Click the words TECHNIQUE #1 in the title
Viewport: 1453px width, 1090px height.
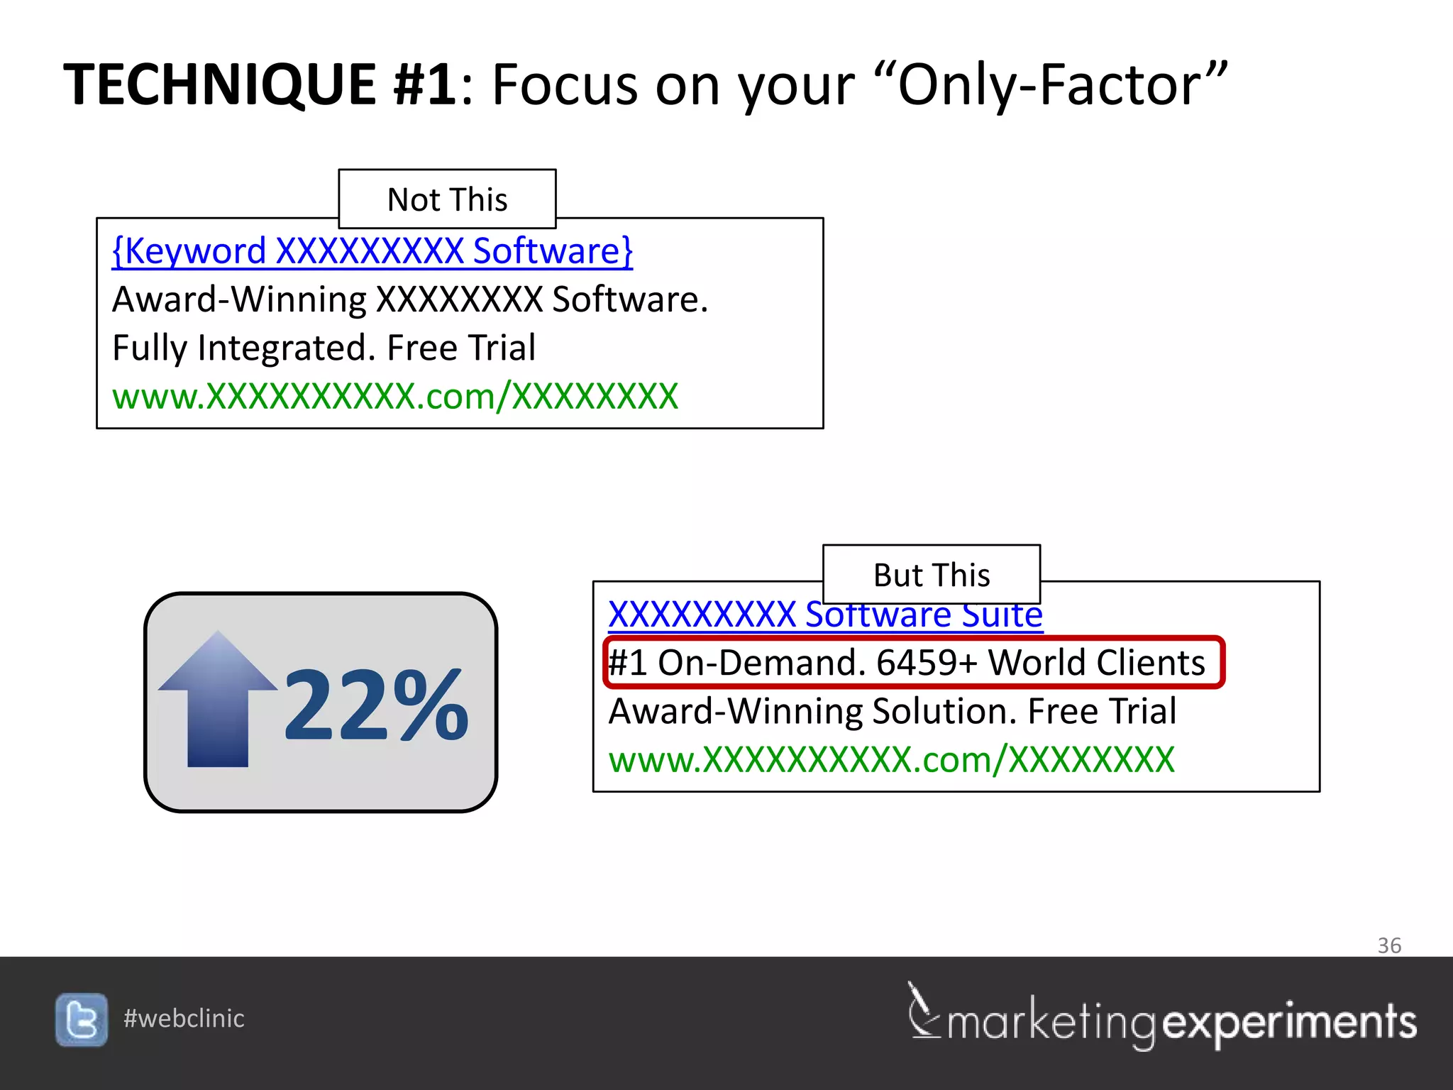(x=260, y=84)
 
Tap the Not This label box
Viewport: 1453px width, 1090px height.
(x=447, y=199)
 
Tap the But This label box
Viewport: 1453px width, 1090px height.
(x=931, y=575)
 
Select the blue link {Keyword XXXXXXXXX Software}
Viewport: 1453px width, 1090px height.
(x=372, y=251)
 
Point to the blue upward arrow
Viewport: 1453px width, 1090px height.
(x=218, y=699)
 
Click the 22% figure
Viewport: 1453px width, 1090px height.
(x=376, y=706)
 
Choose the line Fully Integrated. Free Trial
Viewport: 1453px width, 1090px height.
(x=324, y=348)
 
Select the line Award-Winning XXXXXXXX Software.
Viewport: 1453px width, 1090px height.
(x=410, y=299)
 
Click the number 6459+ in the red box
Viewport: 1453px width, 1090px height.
(x=927, y=663)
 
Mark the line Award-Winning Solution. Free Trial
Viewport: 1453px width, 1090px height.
(x=892, y=711)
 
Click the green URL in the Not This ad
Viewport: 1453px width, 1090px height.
(x=395, y=396)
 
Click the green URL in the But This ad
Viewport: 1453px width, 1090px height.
(x=891, y=759)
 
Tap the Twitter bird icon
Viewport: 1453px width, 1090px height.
(x=82, y=1020)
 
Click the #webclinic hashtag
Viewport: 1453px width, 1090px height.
(x=184, y=1018)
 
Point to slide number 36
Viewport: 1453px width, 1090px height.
(x=1388, y=945)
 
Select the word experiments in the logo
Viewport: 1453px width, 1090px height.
(x=1289, y=1023)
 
